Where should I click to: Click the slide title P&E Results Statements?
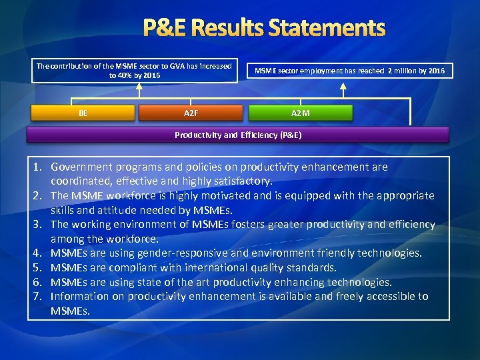(265, 28)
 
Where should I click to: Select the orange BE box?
(83, 113)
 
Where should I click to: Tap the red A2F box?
(191, 113)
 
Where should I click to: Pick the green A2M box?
(301, 113)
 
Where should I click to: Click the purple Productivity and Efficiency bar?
(238, 135)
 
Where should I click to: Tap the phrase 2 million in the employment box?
(405, 71)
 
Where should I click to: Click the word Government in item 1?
(81, 167)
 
